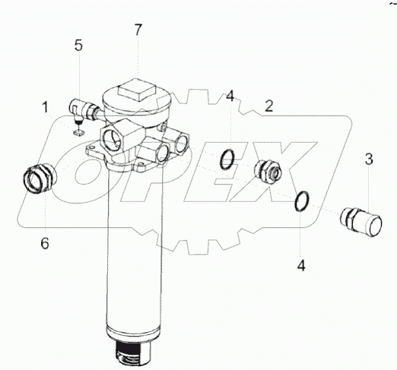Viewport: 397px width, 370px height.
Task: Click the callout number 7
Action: (138, 30)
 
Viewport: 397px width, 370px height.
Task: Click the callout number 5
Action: (78, 46)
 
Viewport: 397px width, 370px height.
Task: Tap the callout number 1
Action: (45, 107)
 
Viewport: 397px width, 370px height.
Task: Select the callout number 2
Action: (269, 106)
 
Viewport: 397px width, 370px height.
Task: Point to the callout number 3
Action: (369, 160)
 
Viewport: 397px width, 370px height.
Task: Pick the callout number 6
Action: (45, 243)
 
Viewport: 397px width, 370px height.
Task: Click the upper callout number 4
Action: (230, 96)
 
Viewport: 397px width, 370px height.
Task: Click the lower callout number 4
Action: (301, 265)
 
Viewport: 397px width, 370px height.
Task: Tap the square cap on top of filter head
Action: (136, 90)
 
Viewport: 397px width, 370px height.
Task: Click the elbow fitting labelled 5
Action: (82, 111)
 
